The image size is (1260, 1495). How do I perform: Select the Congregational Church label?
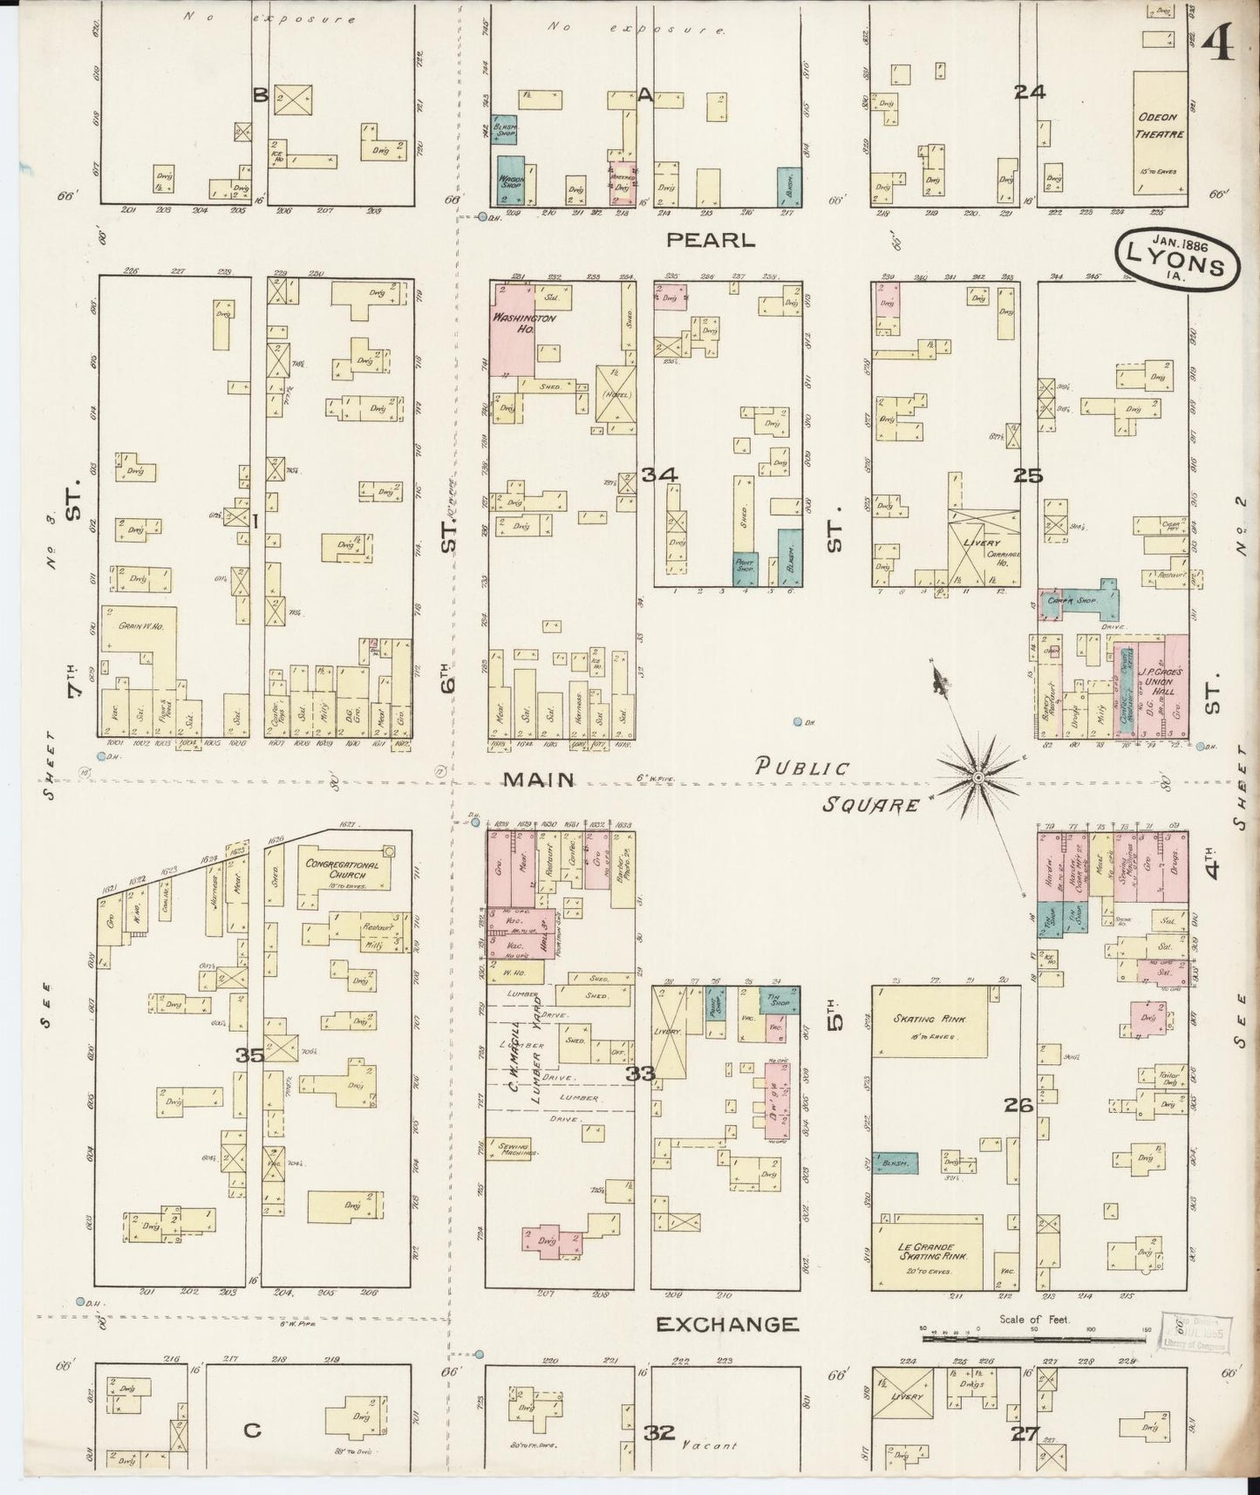point(343,870)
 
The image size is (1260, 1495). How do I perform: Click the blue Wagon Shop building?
point(511,180)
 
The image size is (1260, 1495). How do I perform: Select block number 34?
point(660,475)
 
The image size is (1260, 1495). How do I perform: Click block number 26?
point(1018,1106)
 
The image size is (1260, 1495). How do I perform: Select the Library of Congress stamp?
point(1191,1333)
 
